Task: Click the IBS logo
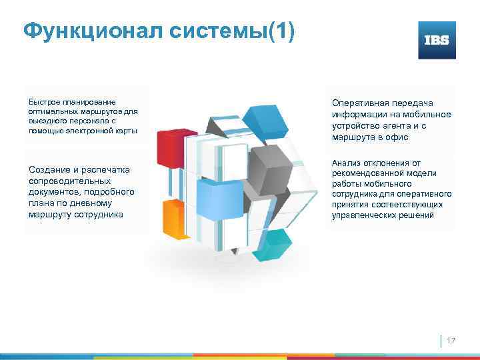pyautogui.click(x=437, y=40)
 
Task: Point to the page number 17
pyautogui.click(x=451, y=341)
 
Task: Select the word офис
pyautogui.click(x=398, y=137)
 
